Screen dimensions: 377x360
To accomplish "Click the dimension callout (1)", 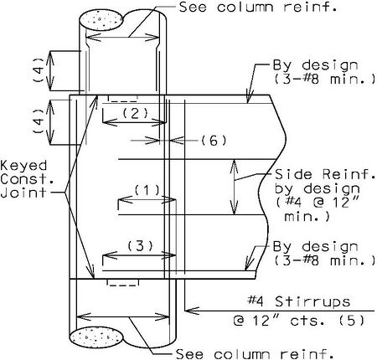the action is [x=147, y=190].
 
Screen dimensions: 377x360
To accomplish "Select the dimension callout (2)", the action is [x=135, y=113].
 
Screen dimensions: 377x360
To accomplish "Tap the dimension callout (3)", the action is [x=141, y=246].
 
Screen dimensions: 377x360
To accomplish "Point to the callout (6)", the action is [x=214, y=141].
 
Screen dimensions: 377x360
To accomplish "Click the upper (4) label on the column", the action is [x=39, y=69].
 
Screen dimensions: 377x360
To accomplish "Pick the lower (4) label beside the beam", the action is [x=39, y=121].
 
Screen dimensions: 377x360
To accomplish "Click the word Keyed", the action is [x=23, y=167].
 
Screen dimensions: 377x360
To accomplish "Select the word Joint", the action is [x=23, y=193].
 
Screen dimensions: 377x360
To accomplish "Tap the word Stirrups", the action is [x=312, y=302].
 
